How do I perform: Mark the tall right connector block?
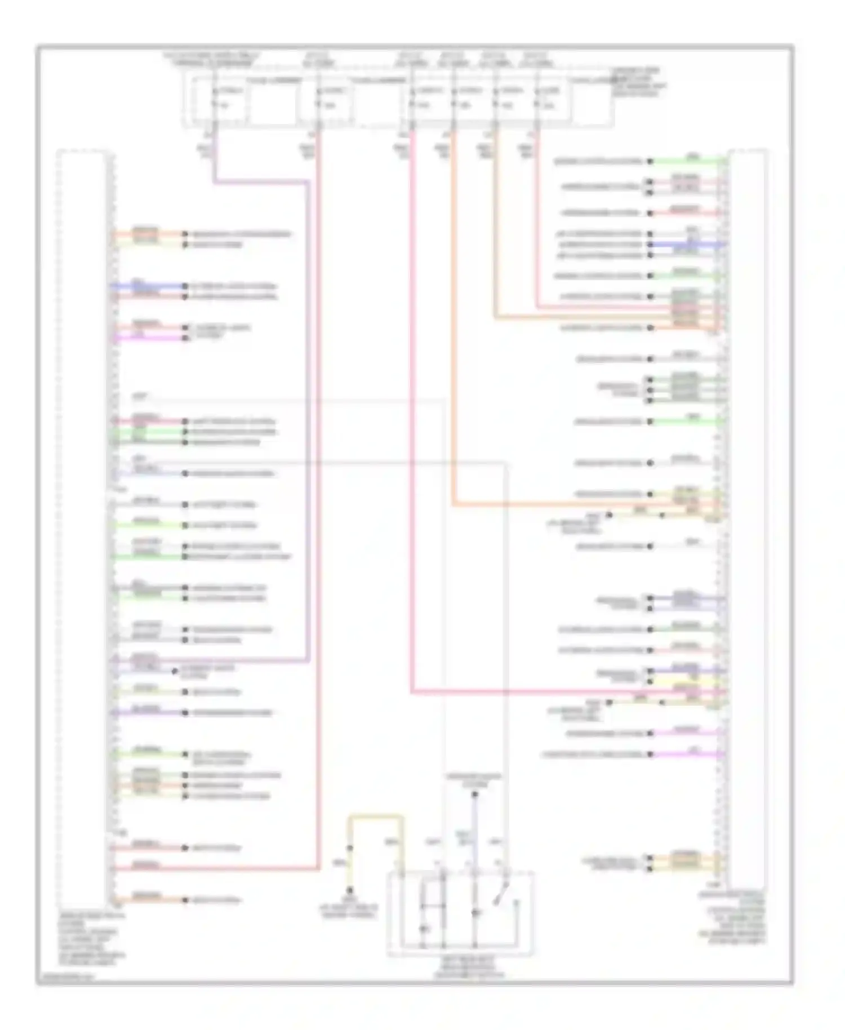[x=747, y=518]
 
